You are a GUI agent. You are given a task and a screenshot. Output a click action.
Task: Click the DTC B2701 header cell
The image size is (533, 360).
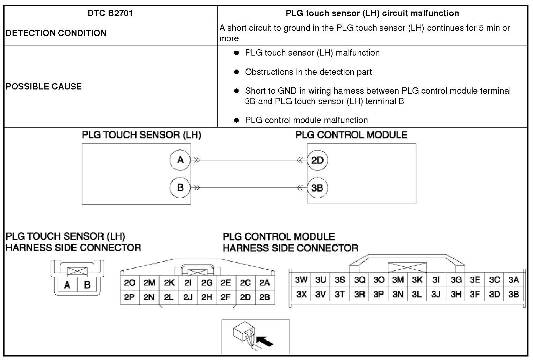pyautogui.click(x=110, y=13)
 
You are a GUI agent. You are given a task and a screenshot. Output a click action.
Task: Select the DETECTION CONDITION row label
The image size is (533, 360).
pyautogui.click(x=56, y=33)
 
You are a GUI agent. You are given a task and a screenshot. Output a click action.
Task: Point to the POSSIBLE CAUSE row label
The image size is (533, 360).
pyautogui.click(x=44, y=86)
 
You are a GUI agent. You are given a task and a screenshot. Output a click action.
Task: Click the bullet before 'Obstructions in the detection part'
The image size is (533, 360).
pyautogui.click(x=236, y=72)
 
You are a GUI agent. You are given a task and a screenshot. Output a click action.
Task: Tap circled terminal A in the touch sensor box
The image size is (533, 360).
pyautogui.click(x=180, y=160)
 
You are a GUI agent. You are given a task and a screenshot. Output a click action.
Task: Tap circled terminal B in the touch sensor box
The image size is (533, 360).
pyautogui.click(x=180, y=188)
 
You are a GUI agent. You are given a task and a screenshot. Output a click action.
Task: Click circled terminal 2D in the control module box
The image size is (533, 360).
pyautogui.click(x=317, y=160)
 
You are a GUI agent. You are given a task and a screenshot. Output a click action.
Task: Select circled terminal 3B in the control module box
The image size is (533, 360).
pyautogui.click(x=317, y=188)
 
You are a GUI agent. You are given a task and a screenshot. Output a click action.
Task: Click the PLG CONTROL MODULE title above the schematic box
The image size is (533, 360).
pyautogui.click(x=351, y=135)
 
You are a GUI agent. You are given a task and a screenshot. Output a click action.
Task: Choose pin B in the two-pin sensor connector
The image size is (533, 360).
pyautogui.click(x=87, y=285)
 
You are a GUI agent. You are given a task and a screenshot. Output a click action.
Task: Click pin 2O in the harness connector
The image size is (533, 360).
pyautogui.click(x=130, y=283)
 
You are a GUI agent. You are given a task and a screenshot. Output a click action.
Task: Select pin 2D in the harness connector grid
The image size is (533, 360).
pyautogui.click(x=245, y=297)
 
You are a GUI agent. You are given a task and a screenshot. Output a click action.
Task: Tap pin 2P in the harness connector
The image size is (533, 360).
pyautogui.click(x=130, y=297)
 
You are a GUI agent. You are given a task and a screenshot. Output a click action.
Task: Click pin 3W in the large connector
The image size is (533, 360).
pyautogui.click(x=301, y=280)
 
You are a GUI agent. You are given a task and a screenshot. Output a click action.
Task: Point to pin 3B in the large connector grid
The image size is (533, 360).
pyautogui.click(x=513, y=295)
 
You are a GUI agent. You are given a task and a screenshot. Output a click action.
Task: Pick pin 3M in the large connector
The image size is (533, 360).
pyautogui.click(x=398, y=280)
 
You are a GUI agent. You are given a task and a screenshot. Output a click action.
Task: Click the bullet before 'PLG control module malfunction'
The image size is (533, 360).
pyautogui.click(x=236, y=120)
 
